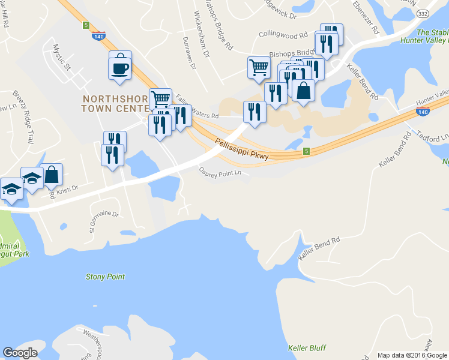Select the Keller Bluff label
pyautogui.click(x=306, y=348)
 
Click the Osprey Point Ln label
pyautogui.click(x=220, y=172)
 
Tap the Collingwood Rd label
pyautogui.click(x=283, y=35)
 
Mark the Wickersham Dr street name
pyautogui.click(x=201, y=34)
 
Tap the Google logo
pyautogui.click(x=20, y=352)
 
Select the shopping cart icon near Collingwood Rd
pyautogui.click(x=258, y=67)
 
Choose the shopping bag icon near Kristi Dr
pyautogui.click(x=52, y=175)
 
